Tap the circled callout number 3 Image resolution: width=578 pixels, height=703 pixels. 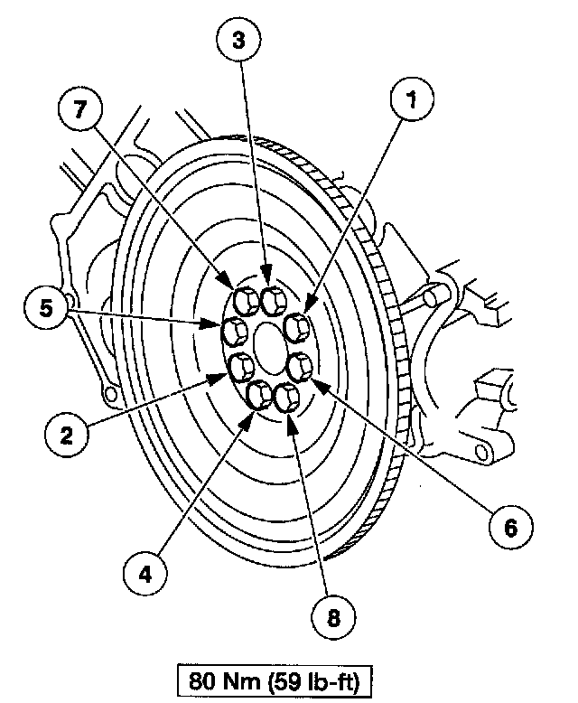coord(238,41)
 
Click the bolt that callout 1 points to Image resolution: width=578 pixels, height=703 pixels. coord(296,324)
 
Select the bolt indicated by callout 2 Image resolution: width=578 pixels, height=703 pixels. coord(240,366)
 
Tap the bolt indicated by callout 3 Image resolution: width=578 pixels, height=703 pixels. coord(270,297)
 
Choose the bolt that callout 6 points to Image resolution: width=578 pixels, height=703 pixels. coord(300,365)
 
